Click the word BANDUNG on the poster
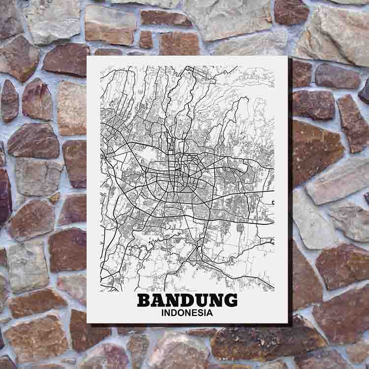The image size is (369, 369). pyautogui.click(x=187, y=300)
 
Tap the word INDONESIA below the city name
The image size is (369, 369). pyautogui.click(x=187, y=312)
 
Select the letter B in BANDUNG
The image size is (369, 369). pyautogui.click(x=144, y=300)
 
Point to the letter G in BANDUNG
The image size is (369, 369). pyautogui.click(x=230, y=300)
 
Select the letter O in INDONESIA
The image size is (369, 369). pyautogui.click(x=182, y=312)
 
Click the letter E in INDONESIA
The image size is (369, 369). pyautogui.click(x=196, y=312)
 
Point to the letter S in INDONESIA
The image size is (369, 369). pyautogui.click(x=202, y=312)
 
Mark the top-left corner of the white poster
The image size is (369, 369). pyautogui.click(x=87, y=57)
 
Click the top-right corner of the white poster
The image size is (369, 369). pyautogui.click(x=287, y=57)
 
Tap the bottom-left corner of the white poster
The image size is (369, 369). pyautogui.click(x=87, y=323)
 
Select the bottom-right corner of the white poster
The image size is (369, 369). pyautogui.click(x=288, y=323)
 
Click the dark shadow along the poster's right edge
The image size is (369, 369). pyautogui.click(x=290, y=197)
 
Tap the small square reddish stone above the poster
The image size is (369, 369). pyautogui.click(x=146, y=39)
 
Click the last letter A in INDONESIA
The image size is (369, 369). pyautogui.click(x=210, y=312)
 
